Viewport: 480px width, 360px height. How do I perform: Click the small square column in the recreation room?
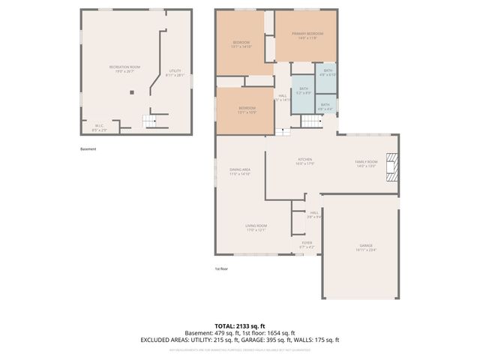[132, 92]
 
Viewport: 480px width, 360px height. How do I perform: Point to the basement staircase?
[152, 121]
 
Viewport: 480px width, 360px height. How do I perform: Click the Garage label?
[365, 248]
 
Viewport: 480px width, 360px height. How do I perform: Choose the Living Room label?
[257, 227]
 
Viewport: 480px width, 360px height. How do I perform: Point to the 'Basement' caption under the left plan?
[88, 148]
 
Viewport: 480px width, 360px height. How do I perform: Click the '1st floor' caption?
[221, 268]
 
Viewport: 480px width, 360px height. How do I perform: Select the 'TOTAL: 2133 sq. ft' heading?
[239, 326]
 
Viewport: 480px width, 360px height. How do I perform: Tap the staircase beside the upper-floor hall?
[283, 132]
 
